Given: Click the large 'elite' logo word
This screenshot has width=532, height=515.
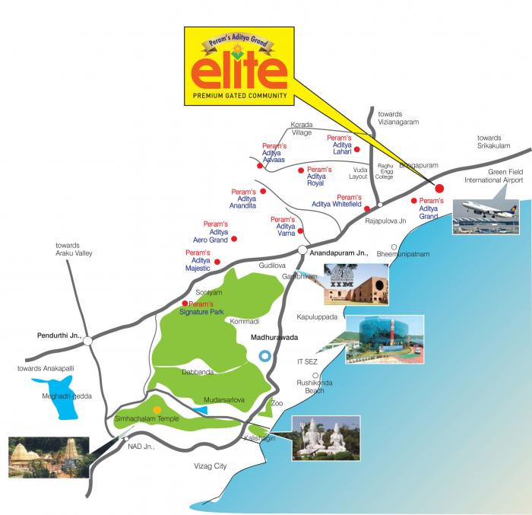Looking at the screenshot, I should click(238, 72).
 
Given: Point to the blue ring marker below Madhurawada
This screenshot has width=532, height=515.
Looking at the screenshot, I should click(265, 355).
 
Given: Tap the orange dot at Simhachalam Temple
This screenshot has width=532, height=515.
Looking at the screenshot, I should click(157, 410).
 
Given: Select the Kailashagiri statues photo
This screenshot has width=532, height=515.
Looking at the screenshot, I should click(326, 437).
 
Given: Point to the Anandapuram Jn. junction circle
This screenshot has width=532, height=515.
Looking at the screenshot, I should click(302, 250).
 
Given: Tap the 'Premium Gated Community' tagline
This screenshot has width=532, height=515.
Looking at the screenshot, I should click(238, 96).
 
